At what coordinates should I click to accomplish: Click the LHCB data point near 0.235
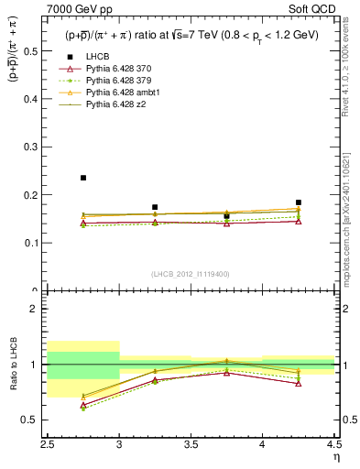tap(83, 178)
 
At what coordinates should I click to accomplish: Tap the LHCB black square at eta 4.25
tap(299, 202)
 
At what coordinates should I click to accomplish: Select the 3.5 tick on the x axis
tap(191, 446)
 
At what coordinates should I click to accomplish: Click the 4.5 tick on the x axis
tap(333, 446)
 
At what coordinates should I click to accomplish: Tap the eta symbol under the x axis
tap(335, 457)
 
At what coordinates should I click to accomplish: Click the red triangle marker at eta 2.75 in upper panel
tap(83, 223)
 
